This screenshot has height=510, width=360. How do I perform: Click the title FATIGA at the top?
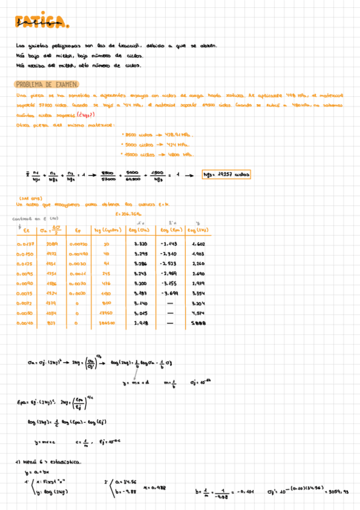[42, 23]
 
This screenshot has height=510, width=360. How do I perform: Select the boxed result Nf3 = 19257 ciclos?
[227, 175]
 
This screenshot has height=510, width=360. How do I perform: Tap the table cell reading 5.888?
[198, 323]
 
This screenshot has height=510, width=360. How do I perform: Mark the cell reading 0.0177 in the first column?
[27, 244]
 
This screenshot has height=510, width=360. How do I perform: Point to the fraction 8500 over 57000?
[108, 175]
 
